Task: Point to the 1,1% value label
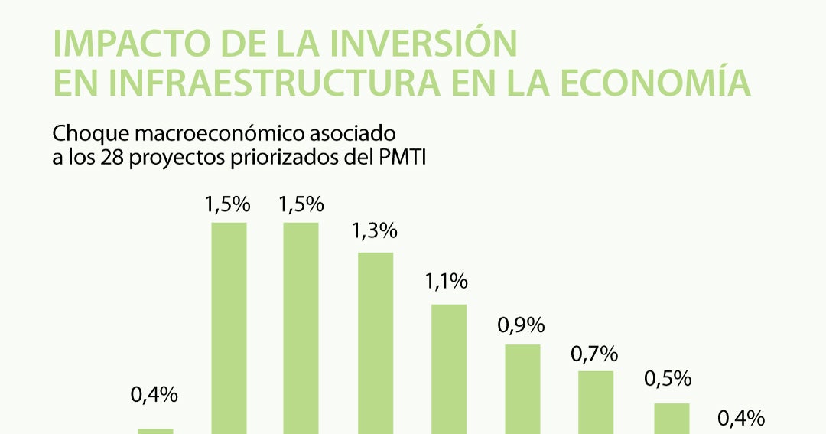pyautogui.click(x=447, y=282)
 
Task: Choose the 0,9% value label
pyautogui.click(x=522, y=325)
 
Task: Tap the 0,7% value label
pyautogui.click(x=594, y=354)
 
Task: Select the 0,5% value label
pyautogui.click(x=668, y=379)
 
